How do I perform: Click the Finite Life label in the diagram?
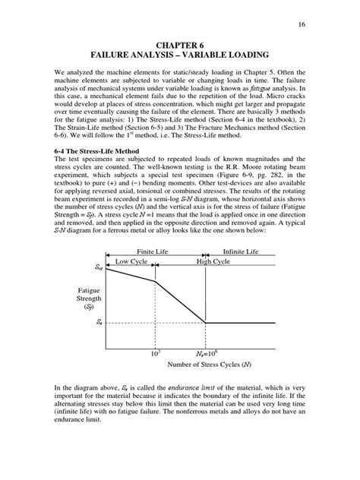point(153,251)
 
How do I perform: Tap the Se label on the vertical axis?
point(99,322)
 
